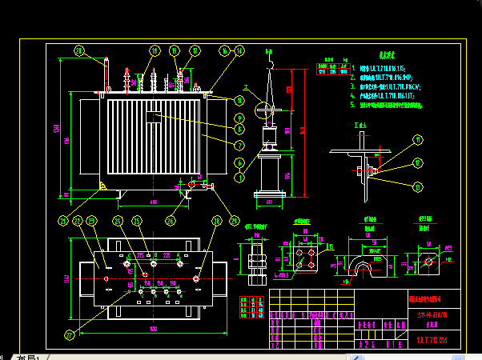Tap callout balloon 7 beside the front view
click(x=239, y=146)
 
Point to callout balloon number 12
click(x=417, y=164)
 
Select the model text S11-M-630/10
click(x=431, y=314)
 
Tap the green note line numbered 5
click(x=392, y=105)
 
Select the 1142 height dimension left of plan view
click(x=67, y=278)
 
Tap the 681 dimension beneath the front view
click(x=152, y=202)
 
